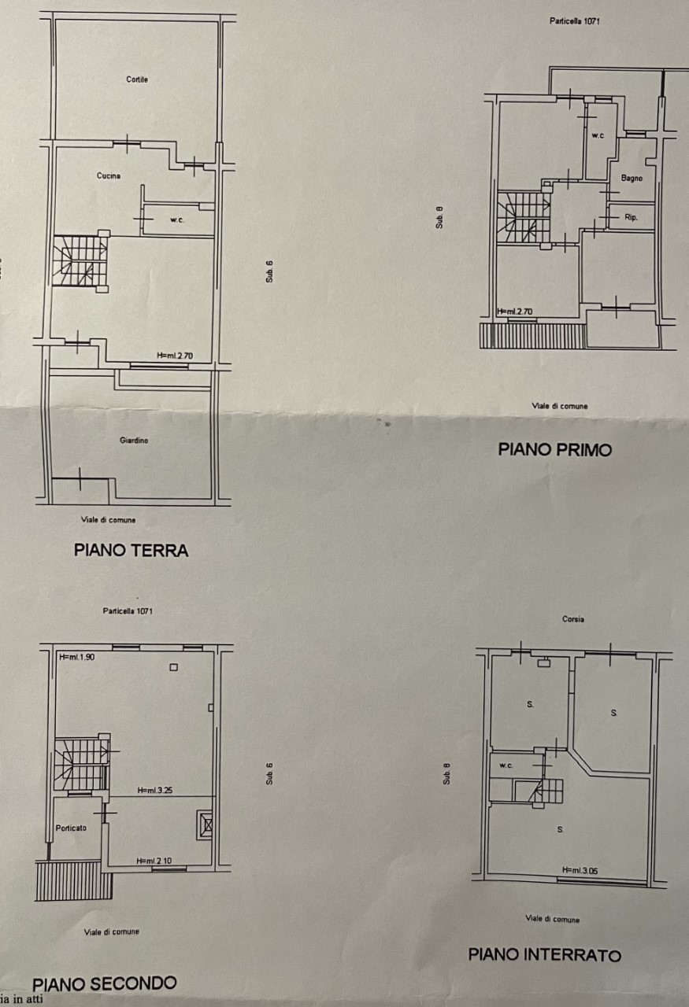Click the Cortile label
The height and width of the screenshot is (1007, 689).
coord(137,79)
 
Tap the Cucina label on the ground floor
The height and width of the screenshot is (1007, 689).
coord(109,175)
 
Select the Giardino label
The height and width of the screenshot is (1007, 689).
coord(134,440)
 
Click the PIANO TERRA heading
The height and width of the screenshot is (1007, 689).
coord(131,550)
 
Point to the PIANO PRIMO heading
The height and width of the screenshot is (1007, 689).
coord(555,449)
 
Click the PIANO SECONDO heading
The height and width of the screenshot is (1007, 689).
coord(104,983)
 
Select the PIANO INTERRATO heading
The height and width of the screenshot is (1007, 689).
coord(545,954)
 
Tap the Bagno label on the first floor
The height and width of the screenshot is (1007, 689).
coord(632,178)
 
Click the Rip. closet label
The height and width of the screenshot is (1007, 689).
coord(631,218)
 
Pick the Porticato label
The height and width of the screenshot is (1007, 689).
coord(71,828)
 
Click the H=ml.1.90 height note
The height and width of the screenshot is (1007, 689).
coord(77,657)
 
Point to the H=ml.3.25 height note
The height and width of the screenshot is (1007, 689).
coord(155,790)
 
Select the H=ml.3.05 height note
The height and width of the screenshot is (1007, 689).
coord(580,870)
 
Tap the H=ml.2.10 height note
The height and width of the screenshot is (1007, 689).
coord(154,861)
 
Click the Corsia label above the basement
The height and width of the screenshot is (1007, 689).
coord(573,619)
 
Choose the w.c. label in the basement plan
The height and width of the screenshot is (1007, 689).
coord(506,765)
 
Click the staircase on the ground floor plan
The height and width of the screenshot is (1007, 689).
coord(80,260)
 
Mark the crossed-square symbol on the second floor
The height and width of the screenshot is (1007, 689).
coord(205,825)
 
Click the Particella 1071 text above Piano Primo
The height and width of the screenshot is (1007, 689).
coord(575,21)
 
